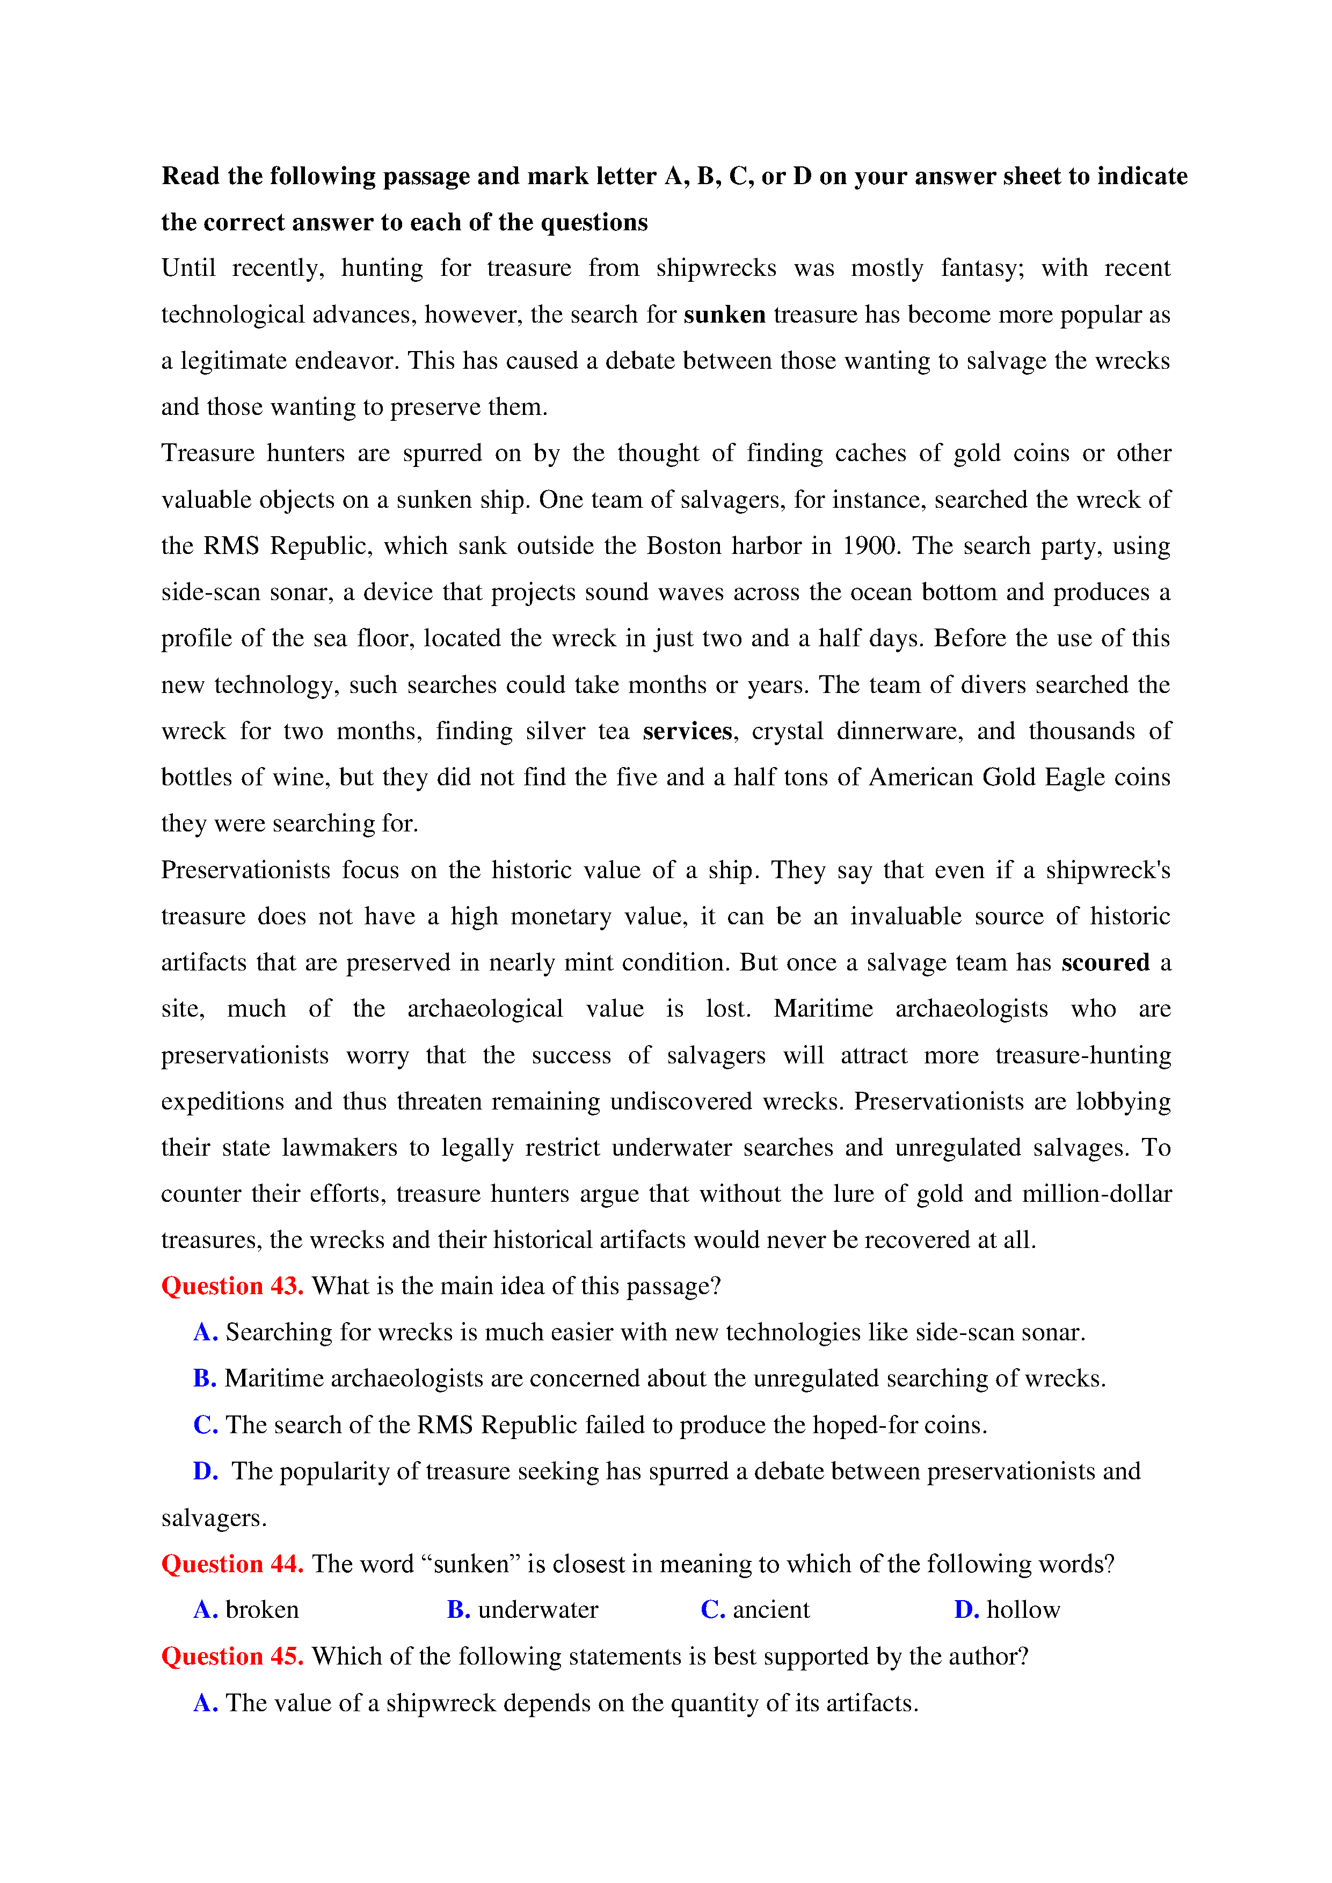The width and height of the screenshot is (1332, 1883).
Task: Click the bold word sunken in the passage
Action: pyautogui.click(x=724, y=315)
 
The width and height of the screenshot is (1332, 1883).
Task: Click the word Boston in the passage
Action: pyautogui.click(x=684, y=546)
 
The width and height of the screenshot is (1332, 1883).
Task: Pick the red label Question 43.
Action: pyautogui.click(x=232, y=1286)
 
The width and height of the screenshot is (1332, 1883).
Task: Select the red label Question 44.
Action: pyautogui.click(x=232, y=1564)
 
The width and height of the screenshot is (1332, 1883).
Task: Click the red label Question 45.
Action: pyautogui.click(x=232, y=1656)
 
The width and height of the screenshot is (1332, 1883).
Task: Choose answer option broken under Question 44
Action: pyautogui.click(x=261, y=1610)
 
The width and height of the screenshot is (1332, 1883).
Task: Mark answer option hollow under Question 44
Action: pyautogui.click(x=1023, y=1610)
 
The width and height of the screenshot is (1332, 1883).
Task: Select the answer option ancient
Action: pyautogui.click(x=770, y=1610)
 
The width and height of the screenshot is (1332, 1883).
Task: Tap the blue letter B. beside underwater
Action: pyautogui.click(x=457, y=1610)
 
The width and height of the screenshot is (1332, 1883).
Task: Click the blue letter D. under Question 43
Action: pyautogui.click(x=205, y=1471)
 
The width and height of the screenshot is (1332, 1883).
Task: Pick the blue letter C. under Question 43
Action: pyautogui.click(x=205, y=1425)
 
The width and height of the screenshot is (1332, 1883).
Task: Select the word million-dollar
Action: pyautogui.click(x=1097, y=1194)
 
